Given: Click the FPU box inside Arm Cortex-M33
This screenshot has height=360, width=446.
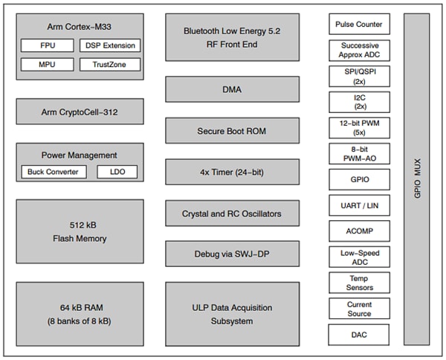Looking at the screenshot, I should click(x=48, y=46).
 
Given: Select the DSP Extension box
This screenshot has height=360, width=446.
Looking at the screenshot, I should click(x=109, y=46).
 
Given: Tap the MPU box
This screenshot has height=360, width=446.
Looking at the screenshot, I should click(x=48, y=65).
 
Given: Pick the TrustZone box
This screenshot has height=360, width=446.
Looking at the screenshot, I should click(x=109, y=65).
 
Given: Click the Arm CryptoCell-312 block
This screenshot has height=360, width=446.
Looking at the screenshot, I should click(x=80, y=112).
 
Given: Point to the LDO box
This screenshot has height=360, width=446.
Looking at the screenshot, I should click(x=117, y=172).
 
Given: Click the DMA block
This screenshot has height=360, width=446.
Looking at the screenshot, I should click(x=232, y=89).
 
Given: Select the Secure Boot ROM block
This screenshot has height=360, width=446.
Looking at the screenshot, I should click(x=232, y=131).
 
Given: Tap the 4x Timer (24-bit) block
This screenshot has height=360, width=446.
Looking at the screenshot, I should click(x=232, y=173).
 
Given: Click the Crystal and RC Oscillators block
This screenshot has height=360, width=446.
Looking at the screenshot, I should click(x=232, y=214).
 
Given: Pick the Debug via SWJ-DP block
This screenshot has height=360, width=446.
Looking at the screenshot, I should click(x=232, y=255).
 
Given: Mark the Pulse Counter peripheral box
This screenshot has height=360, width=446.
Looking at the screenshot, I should click(x=359, y=24).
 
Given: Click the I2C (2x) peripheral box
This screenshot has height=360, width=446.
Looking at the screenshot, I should click(x=359, y=102).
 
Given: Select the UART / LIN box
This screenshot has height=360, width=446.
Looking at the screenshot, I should click(x=359, y=205).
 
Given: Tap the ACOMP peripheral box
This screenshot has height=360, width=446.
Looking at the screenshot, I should click(x=359, y=231).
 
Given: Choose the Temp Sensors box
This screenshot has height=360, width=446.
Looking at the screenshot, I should click(x=359, y=283).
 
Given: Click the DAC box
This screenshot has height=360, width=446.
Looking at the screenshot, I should click(x=359, y=335).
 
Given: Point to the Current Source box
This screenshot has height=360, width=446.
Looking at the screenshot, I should click(x=359, y=309).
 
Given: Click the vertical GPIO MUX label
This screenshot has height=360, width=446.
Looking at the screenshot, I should click(x=416, y=179).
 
